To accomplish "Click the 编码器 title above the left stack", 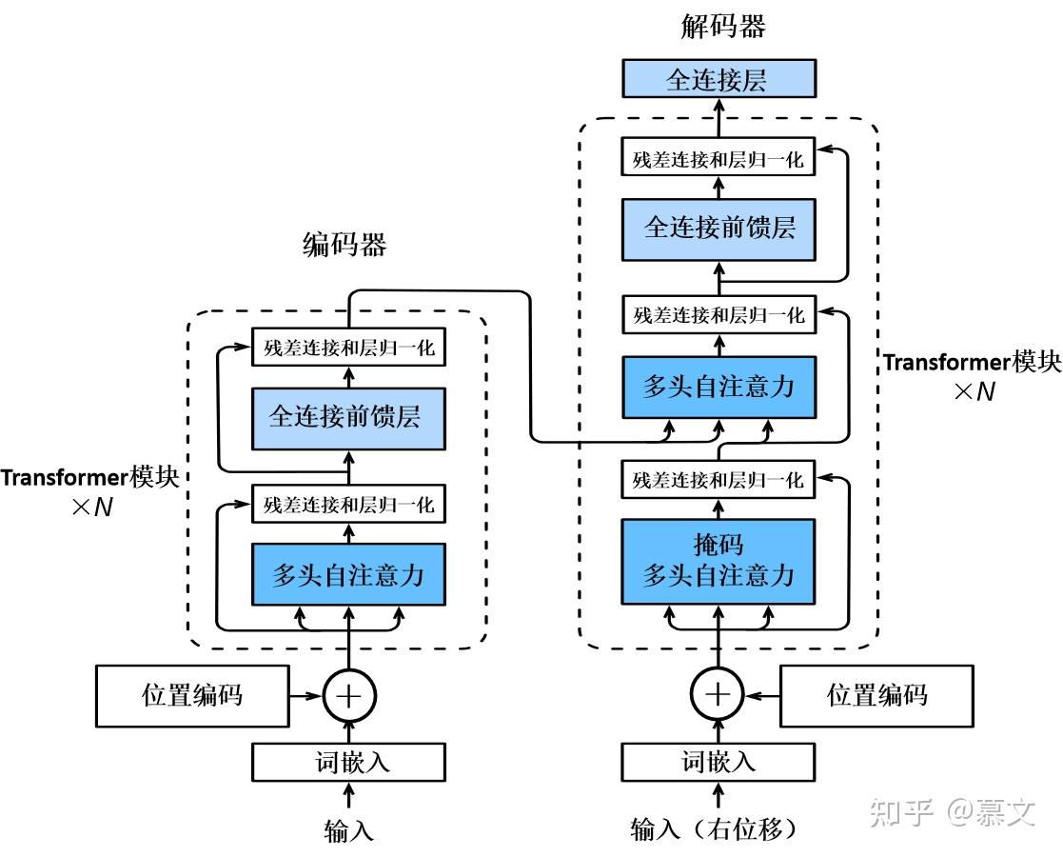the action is [x=344, y=245].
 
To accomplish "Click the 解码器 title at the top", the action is [x=722, y=27].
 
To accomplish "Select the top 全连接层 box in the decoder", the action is [x=719, y=79].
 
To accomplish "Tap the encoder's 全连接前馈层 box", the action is [x=348, y=419].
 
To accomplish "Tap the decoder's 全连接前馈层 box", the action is [x=719, y=229].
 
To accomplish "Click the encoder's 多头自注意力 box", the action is [x=348, y=574].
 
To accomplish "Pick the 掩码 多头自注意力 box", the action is [x=719, y=561].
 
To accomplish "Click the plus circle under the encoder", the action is [x=348, y=695].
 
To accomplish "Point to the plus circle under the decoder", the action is [x=718, y=694].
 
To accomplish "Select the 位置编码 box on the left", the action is [x=192, y=695].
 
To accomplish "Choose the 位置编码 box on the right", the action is [x=877, y=695].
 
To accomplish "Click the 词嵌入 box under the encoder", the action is [x=348, y=762].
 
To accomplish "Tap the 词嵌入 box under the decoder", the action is [x=719, y=762].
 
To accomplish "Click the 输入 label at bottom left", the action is [x=348, y=829].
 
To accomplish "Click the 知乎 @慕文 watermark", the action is [x=953, y=811].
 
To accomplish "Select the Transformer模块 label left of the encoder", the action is [x=89, y=477].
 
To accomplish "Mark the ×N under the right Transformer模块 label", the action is [x=974, y=391].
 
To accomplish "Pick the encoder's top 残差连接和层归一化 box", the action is [x=348, y=348].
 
